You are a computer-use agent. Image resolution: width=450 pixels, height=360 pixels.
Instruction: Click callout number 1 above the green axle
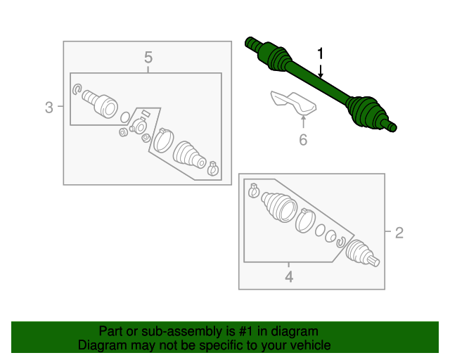(x=321, y=53)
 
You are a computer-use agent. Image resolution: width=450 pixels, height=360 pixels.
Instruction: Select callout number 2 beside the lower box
(x=399, y=233)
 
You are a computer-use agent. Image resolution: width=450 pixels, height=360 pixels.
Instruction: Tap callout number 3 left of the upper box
(x=49, y=108)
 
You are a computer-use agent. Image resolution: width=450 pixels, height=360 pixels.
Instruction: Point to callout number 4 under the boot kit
(x=289, y=277)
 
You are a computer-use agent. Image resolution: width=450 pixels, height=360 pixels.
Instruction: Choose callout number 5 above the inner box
(x=148, y=58)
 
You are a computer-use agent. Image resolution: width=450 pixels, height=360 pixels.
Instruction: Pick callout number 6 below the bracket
(x=303, y=140)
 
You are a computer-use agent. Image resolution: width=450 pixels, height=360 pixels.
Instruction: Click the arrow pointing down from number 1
(x=321, y=71)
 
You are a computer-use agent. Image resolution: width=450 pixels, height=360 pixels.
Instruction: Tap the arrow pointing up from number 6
(x=303, y=121)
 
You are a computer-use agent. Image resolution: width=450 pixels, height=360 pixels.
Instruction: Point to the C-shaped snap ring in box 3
(x=77, y=89)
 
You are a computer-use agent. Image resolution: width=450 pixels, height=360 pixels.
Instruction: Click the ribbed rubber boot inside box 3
(x=189, y=154)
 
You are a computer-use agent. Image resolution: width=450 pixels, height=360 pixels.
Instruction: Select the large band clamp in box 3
(x=163, y=141)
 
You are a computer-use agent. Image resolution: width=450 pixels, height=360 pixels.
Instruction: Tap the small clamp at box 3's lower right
(x=212, y=169)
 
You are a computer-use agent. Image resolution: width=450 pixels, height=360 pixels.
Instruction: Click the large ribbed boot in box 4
(x=279, y=207)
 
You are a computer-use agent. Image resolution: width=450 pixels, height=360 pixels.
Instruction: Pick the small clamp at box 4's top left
(x=253, y=191)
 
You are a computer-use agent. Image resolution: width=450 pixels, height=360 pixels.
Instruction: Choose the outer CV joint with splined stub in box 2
(x=362, y=252)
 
